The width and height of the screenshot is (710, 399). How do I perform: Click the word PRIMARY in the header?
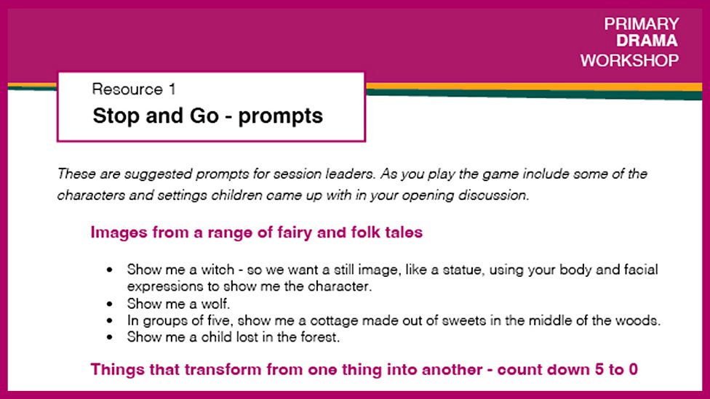[x=641, y=24]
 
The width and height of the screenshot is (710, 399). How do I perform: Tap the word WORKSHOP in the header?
[x=629, y=60]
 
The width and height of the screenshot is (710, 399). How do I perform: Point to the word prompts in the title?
[x=280, y=116]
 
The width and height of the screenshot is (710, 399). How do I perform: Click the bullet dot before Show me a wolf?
[x=109, y=304]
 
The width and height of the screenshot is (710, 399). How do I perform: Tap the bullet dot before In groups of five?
[x=109, y=321]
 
